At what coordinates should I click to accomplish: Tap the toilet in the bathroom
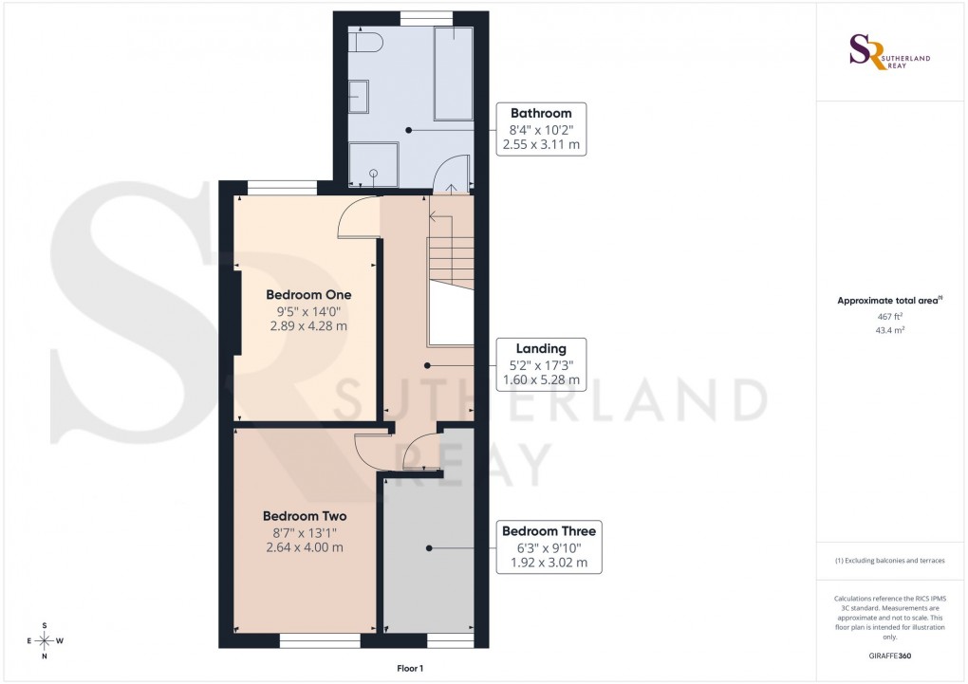(x=365, y=43)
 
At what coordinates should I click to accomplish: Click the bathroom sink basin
(x=360, y=97)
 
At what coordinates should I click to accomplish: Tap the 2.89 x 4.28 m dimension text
(x=308, y=325)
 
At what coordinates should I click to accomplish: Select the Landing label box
(x=541, y=364)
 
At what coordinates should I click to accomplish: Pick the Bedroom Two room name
(x=305, y=516)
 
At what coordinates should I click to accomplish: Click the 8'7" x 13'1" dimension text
(x=305, y=532)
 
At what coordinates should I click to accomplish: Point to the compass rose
(x=45, y=640)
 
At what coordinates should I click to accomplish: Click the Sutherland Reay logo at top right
(x=888, y=52)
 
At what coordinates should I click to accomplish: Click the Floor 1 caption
(x=411, y=669)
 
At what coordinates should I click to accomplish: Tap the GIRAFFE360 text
(x=889, y=656)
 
